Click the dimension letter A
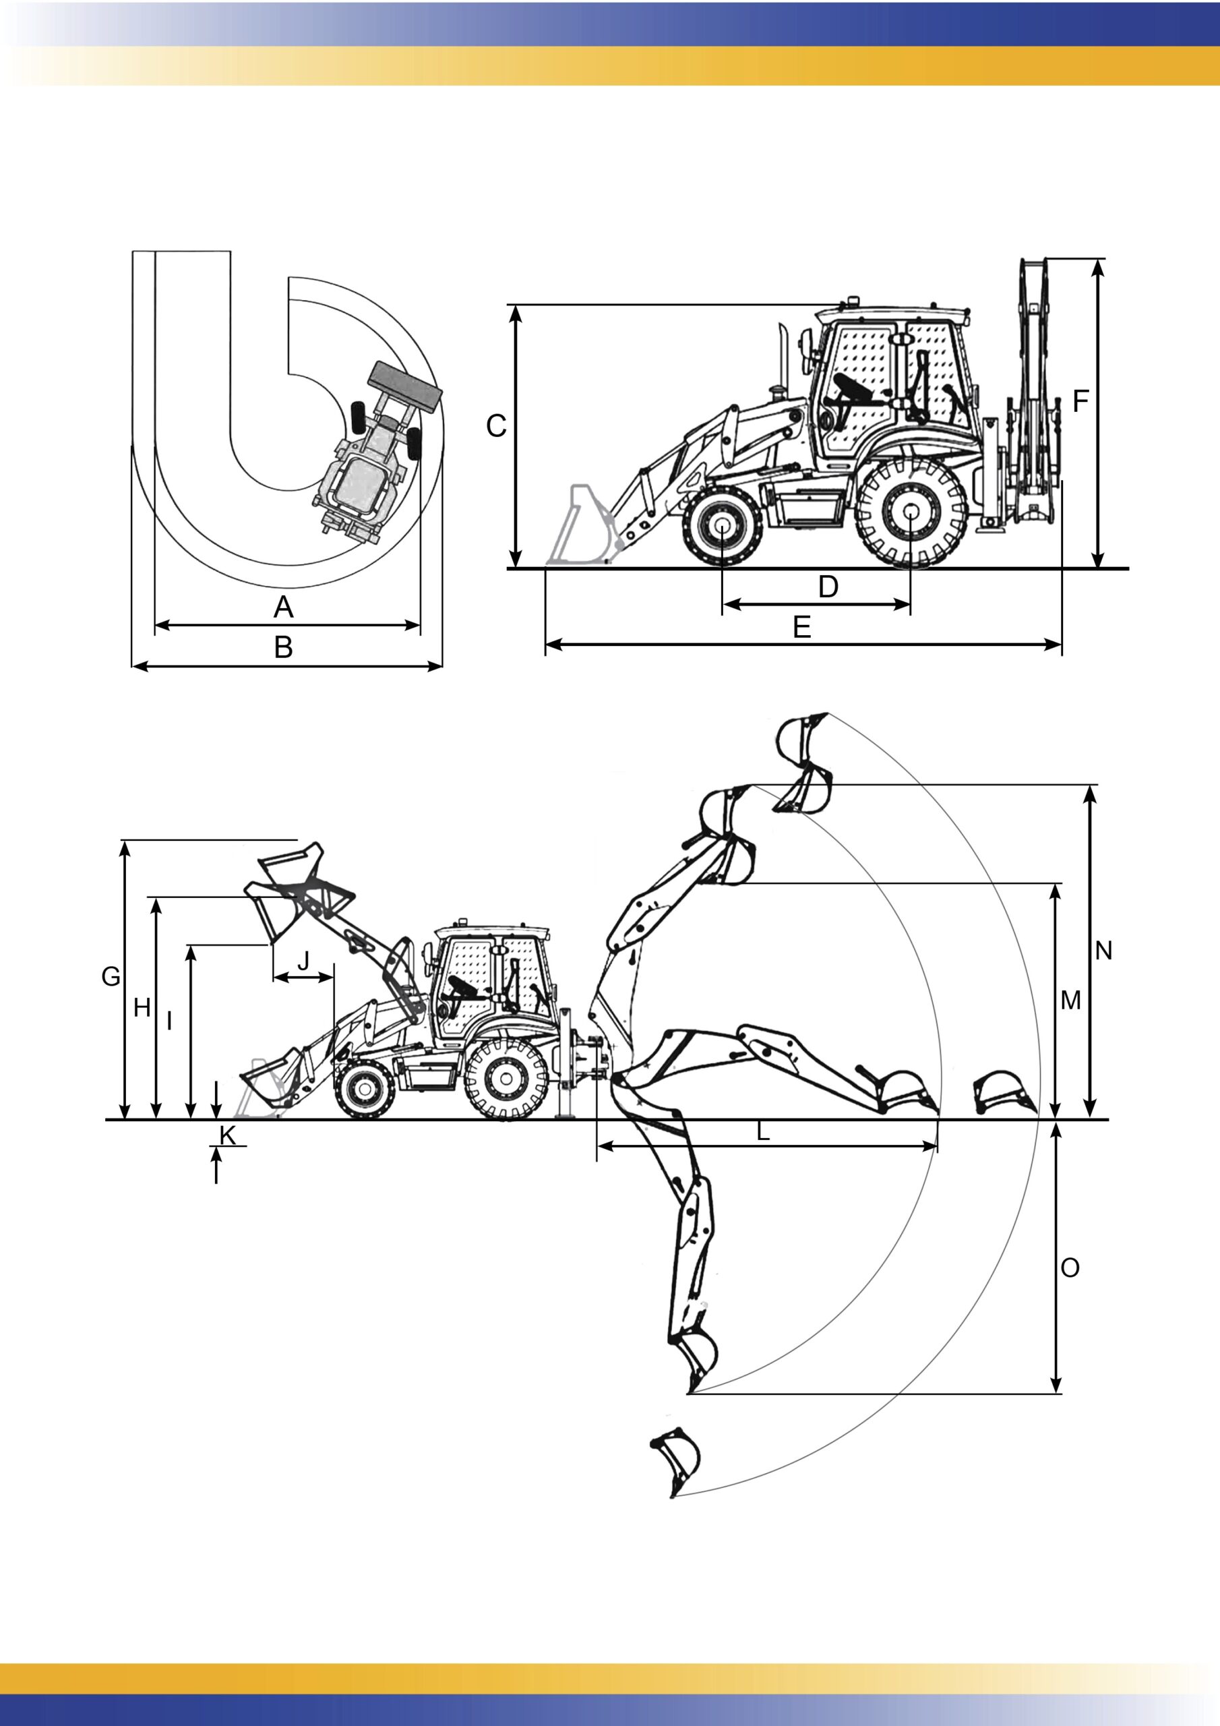283,607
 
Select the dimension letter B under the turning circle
283,647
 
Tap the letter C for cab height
496,426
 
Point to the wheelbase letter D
828,587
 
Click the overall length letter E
803,627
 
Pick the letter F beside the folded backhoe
1080,401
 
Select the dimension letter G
111,976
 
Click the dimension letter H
142,1007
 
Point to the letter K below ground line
228,1135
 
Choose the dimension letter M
1070,1001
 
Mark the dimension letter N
1103,951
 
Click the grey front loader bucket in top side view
580,525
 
